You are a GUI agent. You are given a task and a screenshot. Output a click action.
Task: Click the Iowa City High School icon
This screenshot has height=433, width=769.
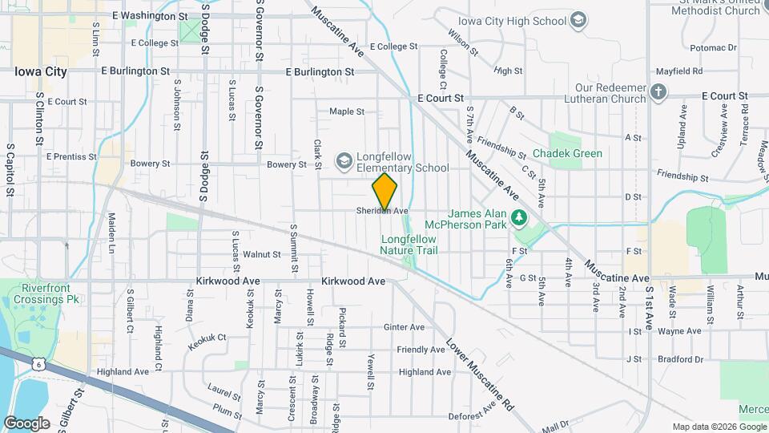(x=578, y=21)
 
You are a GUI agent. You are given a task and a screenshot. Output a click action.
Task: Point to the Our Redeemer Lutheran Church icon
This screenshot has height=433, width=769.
(x=658, y=91)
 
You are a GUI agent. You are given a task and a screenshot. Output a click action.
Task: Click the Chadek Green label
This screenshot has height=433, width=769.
(x=568, y=153)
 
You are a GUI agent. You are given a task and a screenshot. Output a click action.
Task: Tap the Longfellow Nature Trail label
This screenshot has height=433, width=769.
(x=409, y=245)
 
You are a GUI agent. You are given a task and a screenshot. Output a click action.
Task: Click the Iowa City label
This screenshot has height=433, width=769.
(x=40, y=71)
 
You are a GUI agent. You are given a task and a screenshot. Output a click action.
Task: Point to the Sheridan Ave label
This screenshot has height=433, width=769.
(x=383, y=211)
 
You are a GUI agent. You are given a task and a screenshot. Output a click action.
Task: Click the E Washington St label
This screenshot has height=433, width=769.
(x=150, y=15)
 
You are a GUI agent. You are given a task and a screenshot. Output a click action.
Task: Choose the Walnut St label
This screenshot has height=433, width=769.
(x=262, y=254)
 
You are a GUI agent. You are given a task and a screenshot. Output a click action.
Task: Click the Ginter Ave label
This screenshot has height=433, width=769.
(x=404, y=327)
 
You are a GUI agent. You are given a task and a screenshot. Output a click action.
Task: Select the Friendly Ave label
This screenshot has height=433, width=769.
(x=421, y=350)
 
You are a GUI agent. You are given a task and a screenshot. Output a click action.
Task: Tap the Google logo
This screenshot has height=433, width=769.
(x=26, y=423)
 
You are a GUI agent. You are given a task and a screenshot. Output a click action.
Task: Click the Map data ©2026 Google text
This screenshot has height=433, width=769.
(x=719, y=427)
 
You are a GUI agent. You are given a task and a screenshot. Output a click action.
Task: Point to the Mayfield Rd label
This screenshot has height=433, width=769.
(x=678, y=71)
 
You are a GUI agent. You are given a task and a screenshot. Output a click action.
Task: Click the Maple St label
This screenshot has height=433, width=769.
(x=347, y=111)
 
